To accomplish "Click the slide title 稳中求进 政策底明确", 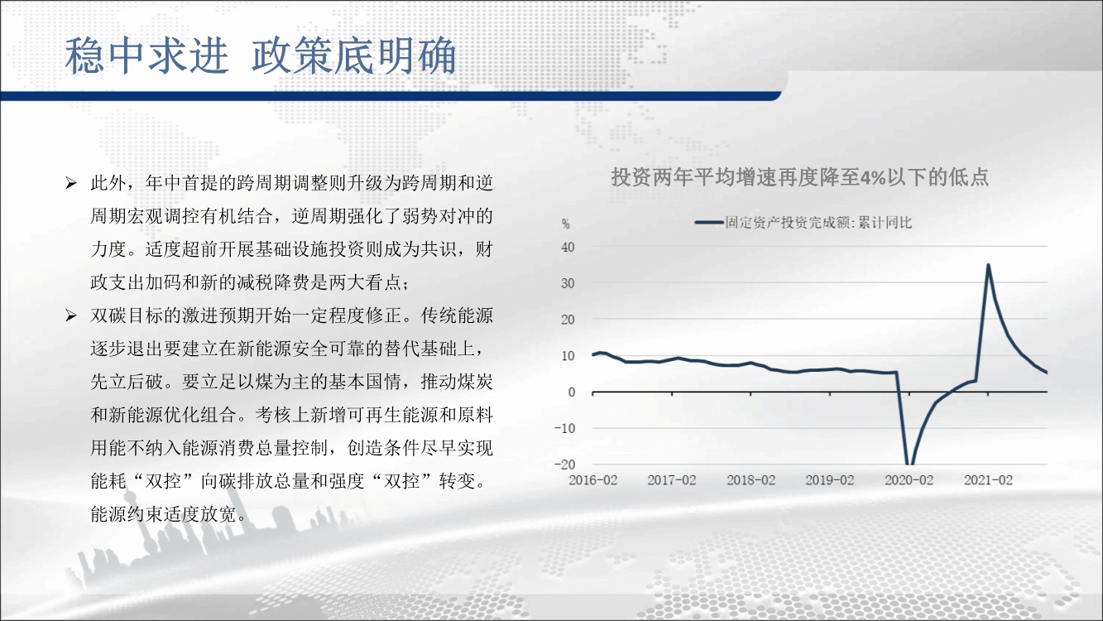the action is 261,55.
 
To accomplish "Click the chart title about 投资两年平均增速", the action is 799,177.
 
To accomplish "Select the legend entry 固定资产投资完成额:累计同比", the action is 803,223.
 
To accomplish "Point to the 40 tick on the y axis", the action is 568,248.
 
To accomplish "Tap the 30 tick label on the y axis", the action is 568,283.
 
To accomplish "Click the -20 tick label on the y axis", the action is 564,465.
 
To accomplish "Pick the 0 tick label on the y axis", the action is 571,392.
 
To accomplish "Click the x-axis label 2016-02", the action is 592,480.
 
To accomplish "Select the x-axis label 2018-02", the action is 751,480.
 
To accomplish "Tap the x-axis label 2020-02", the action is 909,480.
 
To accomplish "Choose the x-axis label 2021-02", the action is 988,480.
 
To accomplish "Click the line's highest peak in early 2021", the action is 988,265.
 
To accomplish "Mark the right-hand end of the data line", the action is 1047,373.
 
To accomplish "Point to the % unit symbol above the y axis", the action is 566,224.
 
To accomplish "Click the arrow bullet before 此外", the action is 71,183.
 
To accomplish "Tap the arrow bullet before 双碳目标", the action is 71,315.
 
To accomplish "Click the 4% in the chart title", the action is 873,177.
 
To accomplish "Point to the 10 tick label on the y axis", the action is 568,356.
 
